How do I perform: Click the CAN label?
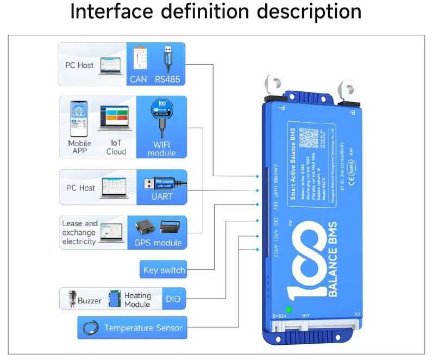[138, 79]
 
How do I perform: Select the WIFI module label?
[161, 148]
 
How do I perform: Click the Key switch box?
[164, 270]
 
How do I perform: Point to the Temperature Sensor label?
[143, 328]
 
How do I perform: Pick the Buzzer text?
[89, 300]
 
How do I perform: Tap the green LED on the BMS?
[289, 310]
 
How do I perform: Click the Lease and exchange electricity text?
[79, 232]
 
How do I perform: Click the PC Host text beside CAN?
[79, 65]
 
